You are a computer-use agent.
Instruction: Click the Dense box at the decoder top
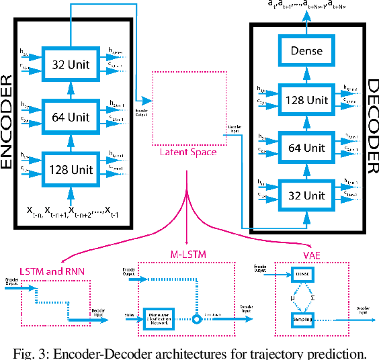(x=307, y=51)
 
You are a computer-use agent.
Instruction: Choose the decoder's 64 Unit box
(x=307, y=147)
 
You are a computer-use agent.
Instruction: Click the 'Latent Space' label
(x=187, y=153)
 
